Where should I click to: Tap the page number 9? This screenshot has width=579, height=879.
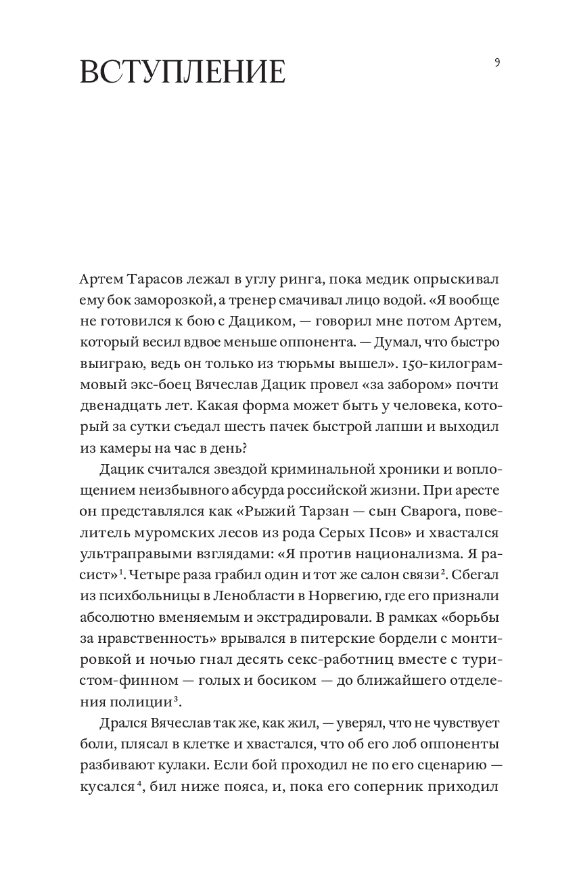(497, 63)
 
